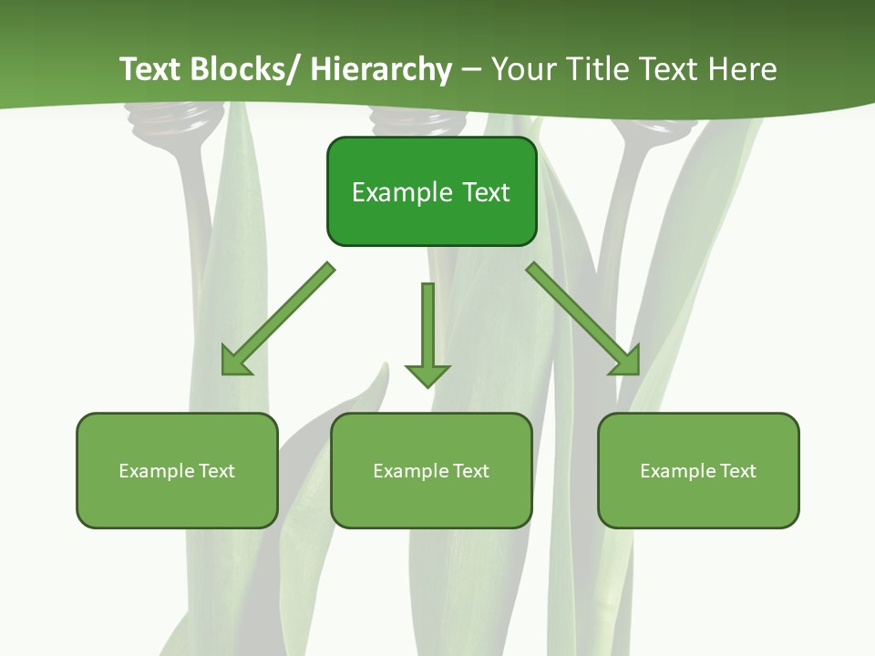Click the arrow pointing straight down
[x=427, y=328]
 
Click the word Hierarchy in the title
[x=381, y=69]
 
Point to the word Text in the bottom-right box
[x=737, y=471]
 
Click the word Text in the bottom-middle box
[x=470, y=471]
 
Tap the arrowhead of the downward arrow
[x=427, y=374]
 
